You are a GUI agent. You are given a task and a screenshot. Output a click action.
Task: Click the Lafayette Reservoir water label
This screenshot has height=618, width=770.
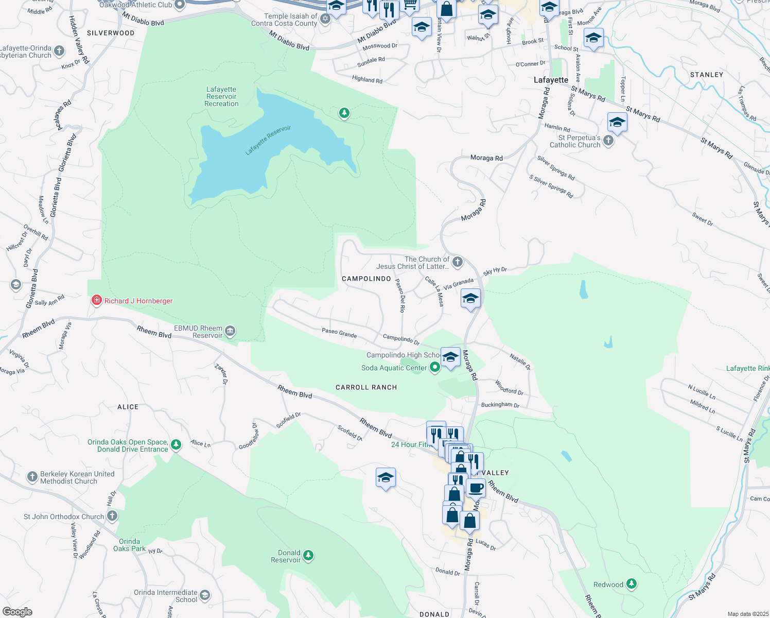[x=268, y=140]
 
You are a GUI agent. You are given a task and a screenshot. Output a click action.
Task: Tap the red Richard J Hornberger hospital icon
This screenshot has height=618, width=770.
[x=96, y=300]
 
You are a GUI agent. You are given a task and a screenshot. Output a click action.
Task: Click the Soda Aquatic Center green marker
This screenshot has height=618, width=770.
[x=435, y=367]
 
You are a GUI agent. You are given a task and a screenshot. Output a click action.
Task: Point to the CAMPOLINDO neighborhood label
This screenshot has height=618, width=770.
[x=366, y=279]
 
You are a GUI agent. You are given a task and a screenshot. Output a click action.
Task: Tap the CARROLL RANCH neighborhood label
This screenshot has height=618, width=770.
[x=366, y=387]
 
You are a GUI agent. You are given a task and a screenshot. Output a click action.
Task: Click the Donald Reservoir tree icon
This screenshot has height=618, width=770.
[x=308, y=555]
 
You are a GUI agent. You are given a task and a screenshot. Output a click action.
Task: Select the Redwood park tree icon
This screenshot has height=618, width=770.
[x=632, y=584]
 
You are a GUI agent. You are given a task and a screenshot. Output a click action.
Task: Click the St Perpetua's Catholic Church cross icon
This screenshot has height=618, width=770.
[x=608, y=141]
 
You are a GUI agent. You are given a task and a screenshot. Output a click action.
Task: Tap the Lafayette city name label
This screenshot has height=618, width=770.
[x=551, y=80]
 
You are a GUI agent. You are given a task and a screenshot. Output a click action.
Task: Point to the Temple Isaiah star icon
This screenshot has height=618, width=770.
[x=325, y=19]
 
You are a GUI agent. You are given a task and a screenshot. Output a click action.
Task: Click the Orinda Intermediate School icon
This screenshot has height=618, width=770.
[x=205, y=595]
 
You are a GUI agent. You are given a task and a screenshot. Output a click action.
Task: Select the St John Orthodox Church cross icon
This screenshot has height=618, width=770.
[x=112, y=516]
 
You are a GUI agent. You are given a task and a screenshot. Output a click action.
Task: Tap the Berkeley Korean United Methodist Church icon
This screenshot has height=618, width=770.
[x=32, y=477]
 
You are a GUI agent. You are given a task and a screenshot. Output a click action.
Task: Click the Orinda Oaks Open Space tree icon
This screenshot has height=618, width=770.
[x=176, y=444]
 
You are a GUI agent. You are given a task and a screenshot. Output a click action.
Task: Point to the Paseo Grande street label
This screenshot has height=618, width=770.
[x=339, y=333]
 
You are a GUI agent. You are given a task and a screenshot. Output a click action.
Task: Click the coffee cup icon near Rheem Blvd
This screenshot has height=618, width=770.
[x=476, y=488]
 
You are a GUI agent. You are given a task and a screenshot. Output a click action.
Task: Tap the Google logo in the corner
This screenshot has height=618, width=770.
[x=17, y=612]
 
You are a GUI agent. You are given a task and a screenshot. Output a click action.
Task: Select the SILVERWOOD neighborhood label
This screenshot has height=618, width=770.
[x=111, y=33]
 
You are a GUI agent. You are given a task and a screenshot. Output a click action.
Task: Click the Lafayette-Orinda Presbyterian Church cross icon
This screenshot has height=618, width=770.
[x=60, y=50]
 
